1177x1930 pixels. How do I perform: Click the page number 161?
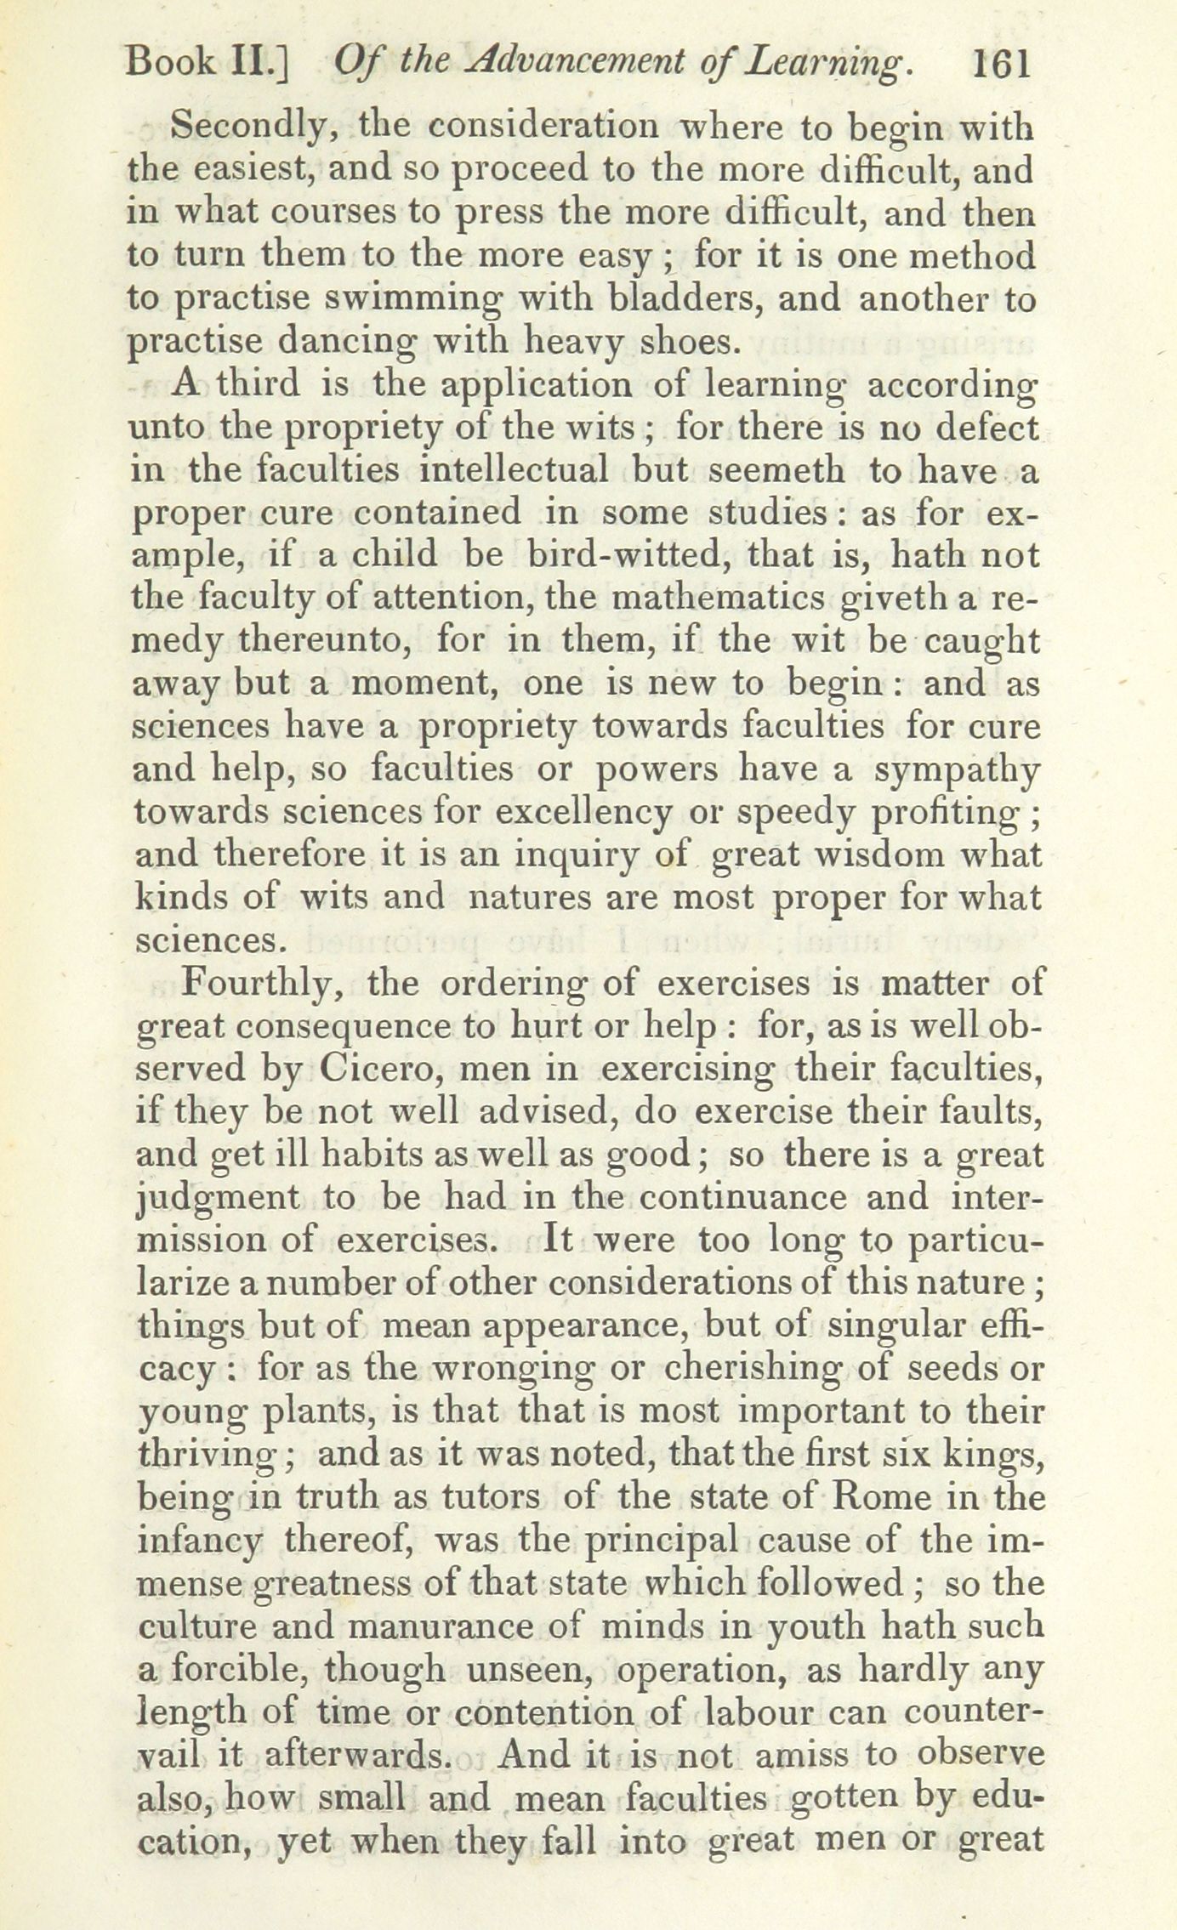(x=999, y=63)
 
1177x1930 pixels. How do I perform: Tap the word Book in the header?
(x=168, y=63)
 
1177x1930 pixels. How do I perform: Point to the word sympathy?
(x=956, y=770)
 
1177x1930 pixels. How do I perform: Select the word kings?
(x=992, y=1455)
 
